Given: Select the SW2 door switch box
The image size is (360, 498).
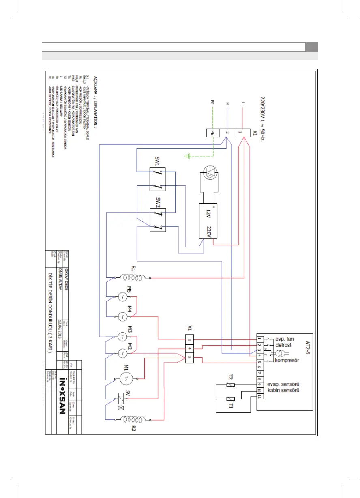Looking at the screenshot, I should [x=156, y=219].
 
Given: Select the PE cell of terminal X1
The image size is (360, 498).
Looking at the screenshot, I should [x=212, y=132].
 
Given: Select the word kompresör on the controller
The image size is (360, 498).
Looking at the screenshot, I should [x=287, y=361].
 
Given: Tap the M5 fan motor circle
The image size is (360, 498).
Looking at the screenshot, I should [x=122, y=297].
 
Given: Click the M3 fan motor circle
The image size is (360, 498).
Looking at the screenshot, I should [x=122, y=336].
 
